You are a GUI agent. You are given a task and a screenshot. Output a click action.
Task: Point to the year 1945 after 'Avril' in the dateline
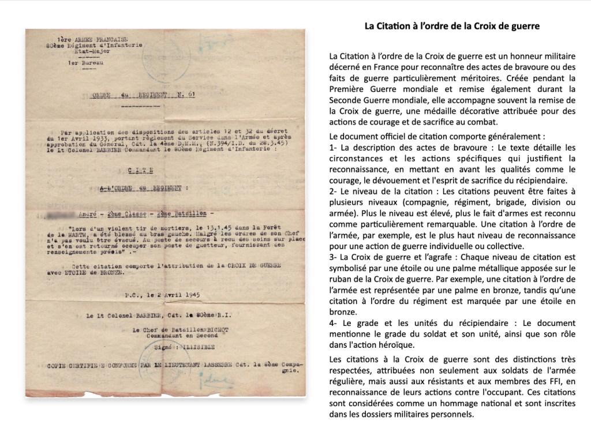point(188,294)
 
